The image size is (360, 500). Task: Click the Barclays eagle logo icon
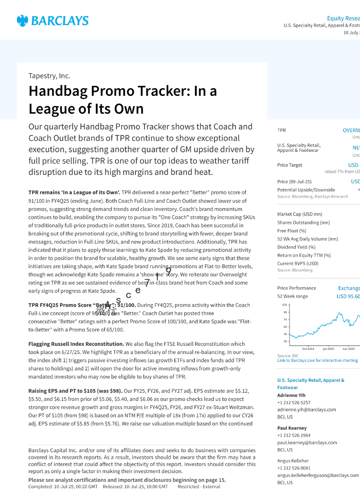click(22, 21)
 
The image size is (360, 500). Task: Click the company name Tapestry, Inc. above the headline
click(49, 76)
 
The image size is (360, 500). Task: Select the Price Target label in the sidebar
click(289, 165)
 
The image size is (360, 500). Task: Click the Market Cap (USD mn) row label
click(299, 214)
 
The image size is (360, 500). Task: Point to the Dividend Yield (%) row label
click(296, 247)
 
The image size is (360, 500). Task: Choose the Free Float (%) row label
click(292, 231)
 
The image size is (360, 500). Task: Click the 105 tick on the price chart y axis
click(284, 305)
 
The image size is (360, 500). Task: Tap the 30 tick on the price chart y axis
click(285, 341)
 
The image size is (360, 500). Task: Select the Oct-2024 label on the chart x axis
click(308, 349)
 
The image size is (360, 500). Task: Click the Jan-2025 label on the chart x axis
click(328, 349)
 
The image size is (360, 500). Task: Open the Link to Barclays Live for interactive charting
click(317, 361)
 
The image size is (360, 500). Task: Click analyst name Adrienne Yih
click(291, 395)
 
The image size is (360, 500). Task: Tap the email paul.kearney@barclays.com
click(307, 443)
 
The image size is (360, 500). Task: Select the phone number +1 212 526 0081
click(294, 468)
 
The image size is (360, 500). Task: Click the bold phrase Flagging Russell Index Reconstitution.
click(76, 344)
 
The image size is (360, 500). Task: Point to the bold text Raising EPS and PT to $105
click(75, 391)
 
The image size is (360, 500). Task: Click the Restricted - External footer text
click(199, 487)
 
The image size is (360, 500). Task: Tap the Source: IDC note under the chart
click(288, 356)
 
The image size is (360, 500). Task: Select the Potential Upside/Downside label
click(306, 190)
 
